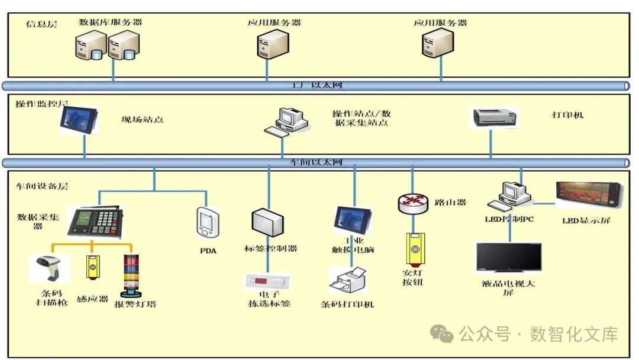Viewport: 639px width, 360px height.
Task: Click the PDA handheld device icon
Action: click(208, 224)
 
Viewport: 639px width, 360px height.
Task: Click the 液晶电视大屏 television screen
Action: click(509, 258)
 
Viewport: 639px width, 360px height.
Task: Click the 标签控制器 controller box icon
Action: click(269, 223)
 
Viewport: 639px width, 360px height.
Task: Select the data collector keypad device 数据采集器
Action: click(96, 221)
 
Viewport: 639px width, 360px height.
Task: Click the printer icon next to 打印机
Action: click(495, 117)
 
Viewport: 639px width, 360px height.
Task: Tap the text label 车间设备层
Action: click(42, 186)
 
